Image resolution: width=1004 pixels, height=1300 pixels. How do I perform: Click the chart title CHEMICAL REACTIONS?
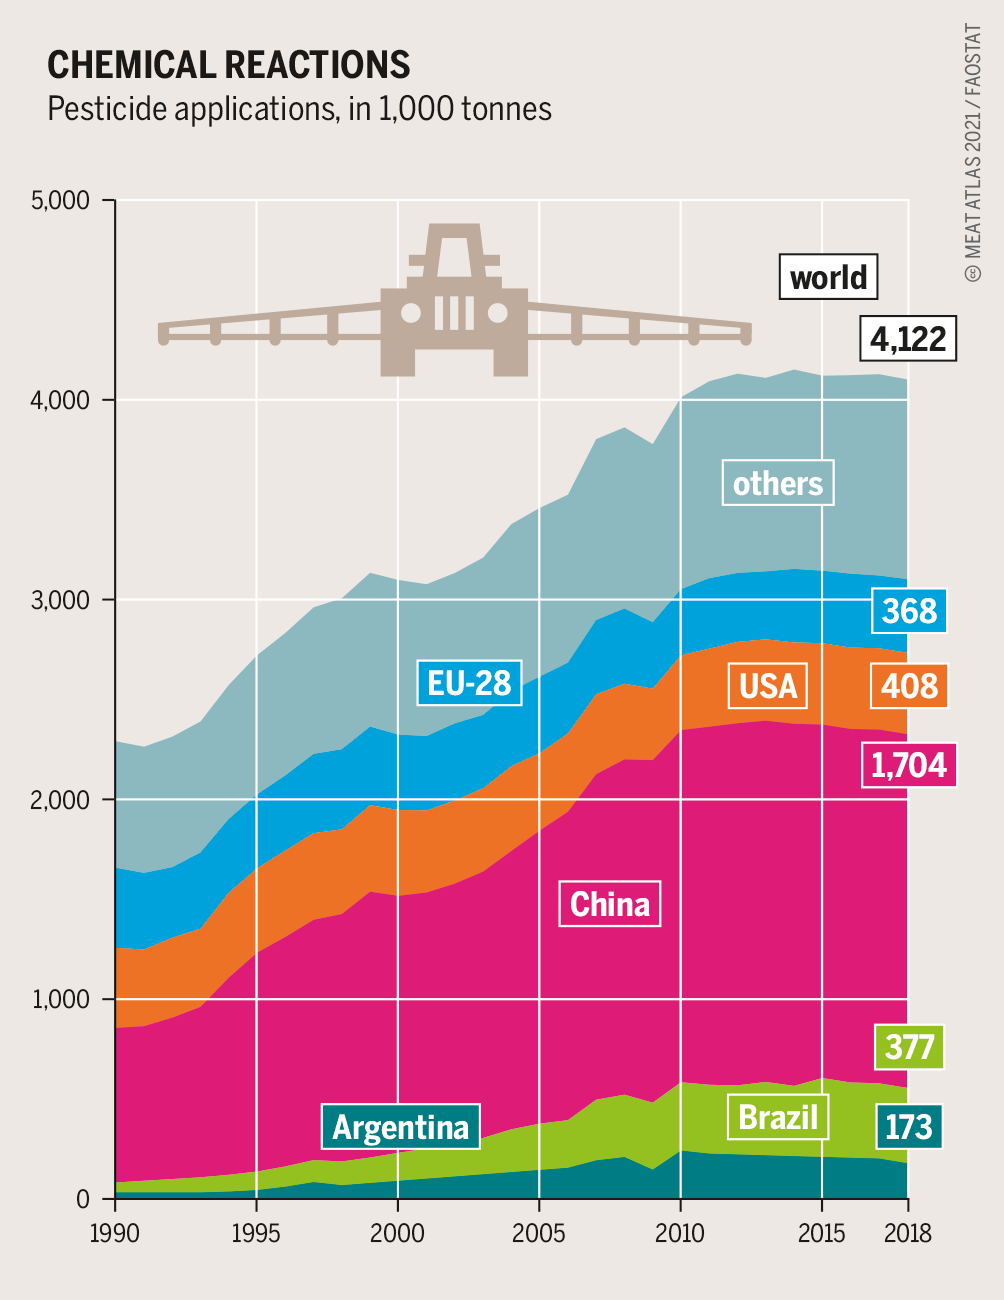(229, 65)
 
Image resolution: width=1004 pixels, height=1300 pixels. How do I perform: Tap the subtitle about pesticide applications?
(299, 108)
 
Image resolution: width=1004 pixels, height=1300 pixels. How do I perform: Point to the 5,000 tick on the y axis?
(61, 200)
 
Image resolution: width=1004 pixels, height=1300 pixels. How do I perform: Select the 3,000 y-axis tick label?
(61, 600)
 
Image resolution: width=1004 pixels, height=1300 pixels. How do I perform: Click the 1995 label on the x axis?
(256, 1232)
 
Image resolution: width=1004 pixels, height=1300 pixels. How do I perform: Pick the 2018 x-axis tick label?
(908, 1232)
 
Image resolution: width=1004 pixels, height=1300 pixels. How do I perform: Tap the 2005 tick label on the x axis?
(539, 1232)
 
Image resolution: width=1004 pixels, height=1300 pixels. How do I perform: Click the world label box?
(828, 277)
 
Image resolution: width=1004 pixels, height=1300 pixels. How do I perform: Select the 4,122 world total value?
(908, 339)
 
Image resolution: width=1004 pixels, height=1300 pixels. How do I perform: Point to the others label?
(777, 484)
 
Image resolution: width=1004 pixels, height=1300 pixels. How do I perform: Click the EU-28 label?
(469, 683)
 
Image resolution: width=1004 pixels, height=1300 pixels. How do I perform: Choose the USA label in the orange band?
(768, 686)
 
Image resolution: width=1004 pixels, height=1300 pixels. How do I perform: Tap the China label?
(610, 904)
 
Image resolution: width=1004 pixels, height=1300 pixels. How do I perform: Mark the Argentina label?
(400, 1127)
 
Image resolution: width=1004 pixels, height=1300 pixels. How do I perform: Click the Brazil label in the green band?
(778, 1116)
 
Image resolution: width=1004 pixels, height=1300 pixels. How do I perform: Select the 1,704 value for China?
(908, 765)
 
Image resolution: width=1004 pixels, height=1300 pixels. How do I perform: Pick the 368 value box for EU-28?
(909, 611)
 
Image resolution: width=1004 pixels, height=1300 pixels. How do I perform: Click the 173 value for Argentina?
(908, 1127)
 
